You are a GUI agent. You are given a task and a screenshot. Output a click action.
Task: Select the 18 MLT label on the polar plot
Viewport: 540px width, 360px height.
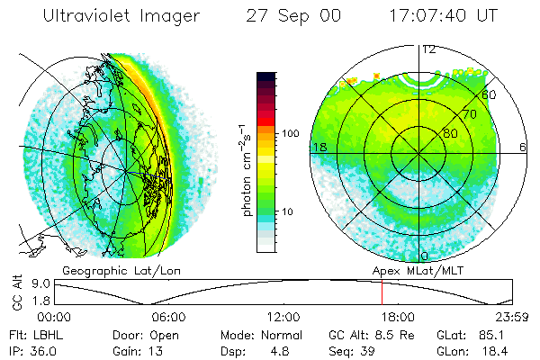click(x=318, y=146)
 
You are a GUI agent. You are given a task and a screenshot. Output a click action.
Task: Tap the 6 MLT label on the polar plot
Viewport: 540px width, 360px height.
click(x=523, y=146)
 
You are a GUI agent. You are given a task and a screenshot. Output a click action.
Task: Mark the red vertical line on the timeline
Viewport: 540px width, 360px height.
click(x=382, y=292)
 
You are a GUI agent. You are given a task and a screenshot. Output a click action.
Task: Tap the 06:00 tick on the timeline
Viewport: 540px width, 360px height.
click(x=168, y=317)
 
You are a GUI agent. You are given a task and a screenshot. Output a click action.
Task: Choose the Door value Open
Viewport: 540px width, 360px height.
click(x=173, y=334)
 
